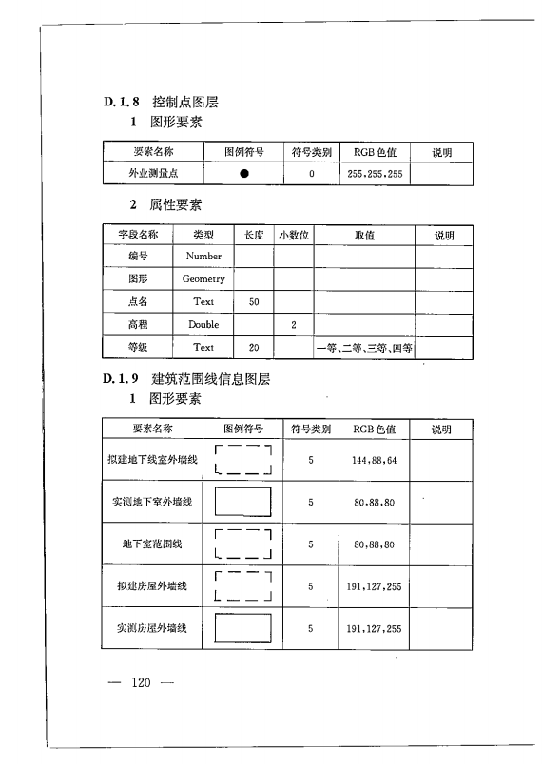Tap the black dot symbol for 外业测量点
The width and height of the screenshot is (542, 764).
click(244, 174)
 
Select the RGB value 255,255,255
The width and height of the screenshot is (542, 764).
click(376, 174)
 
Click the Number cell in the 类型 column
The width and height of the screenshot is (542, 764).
click(203, 256)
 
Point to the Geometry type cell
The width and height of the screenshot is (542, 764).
click(203, 278)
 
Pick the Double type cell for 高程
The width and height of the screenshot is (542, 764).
click(203, 324)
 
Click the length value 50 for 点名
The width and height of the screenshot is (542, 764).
click(253, 301)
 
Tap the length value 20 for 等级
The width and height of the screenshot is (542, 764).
click(253, 348)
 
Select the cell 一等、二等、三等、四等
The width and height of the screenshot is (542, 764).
click(364, 348)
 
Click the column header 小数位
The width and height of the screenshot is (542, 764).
click(294, 234)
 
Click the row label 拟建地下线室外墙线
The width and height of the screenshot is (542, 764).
click(152, 460)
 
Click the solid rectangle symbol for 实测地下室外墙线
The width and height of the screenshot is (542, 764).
click(244, 502)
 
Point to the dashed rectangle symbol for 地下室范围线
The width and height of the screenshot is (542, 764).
click(244, 544)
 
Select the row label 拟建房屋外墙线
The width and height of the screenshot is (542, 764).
click(152, 586)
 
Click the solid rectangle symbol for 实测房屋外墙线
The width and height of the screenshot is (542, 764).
click(244, 628)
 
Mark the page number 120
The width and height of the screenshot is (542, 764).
click(141, 682)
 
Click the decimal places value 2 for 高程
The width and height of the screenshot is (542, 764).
click(294, 324)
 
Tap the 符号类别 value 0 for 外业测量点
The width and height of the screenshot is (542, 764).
click(311, 174)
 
